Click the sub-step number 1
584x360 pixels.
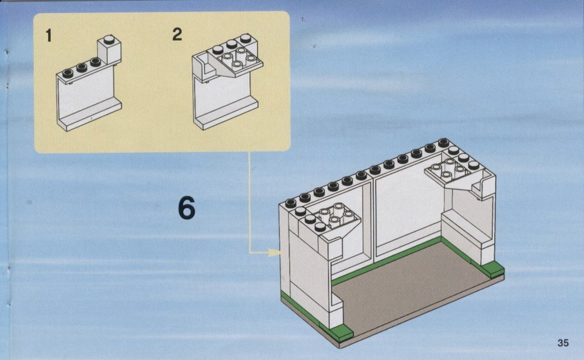tap(48, 36)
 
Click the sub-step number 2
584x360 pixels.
tap(178, 34)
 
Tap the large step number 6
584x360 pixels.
tap(187, 207)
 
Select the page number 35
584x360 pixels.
tap(563, 342)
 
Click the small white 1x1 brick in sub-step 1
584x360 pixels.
tap(109, 49)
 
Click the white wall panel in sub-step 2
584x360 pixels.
tap(225, 101)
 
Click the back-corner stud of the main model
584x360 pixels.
tap(443, 143)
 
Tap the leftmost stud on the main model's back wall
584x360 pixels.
tap(290, 203)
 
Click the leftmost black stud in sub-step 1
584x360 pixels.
tap(67, 73)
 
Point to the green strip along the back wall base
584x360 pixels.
tap(385, 261)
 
